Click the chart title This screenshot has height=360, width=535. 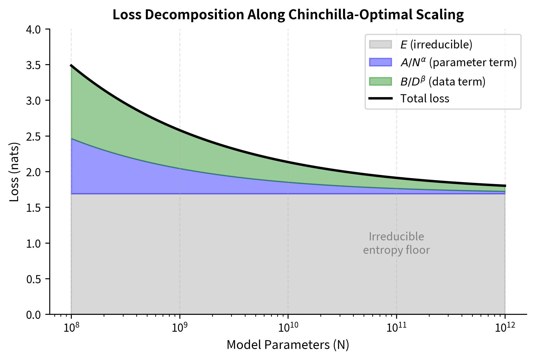coord(288,15)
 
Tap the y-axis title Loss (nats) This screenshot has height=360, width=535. coord(15,172)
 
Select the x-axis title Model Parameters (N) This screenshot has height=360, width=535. coord(288,345)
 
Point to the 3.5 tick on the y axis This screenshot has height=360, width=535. coord(35,65)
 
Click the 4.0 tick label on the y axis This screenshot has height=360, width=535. coord(35,29)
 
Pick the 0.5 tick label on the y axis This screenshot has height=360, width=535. coord(35,279)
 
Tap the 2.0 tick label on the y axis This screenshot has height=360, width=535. coord(35,172)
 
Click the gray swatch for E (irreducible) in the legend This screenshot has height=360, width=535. coord(380,44)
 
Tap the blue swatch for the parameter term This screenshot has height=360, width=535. coord(380,62)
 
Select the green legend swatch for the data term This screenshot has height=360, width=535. coord(380,81)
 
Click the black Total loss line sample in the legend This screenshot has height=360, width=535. coord(380,99)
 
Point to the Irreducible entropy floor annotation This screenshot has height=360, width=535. coord(396,243)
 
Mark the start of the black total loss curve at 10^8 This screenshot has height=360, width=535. coord(71,65)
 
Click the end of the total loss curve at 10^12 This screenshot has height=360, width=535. coord(505,186)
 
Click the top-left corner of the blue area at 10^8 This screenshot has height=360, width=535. coord(72,139)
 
